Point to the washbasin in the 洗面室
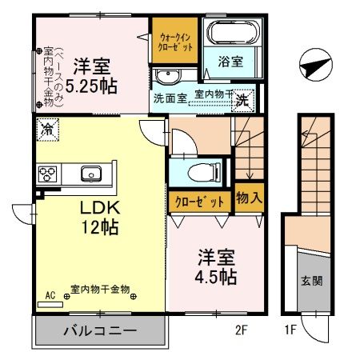[x=167, y=77]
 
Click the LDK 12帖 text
[x=99, y=217]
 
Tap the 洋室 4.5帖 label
[x=216, y=268]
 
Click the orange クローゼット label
[x=198, y=202]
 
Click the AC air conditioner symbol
[x=50, y=295]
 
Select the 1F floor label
[x=290, y=327]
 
